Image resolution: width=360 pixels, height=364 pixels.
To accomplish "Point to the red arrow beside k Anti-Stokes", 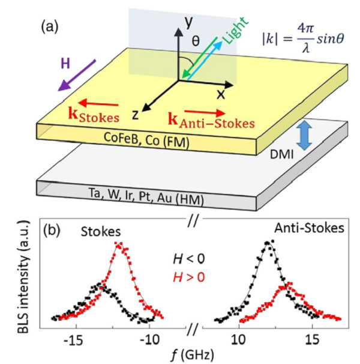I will click(x=205, y=112).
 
